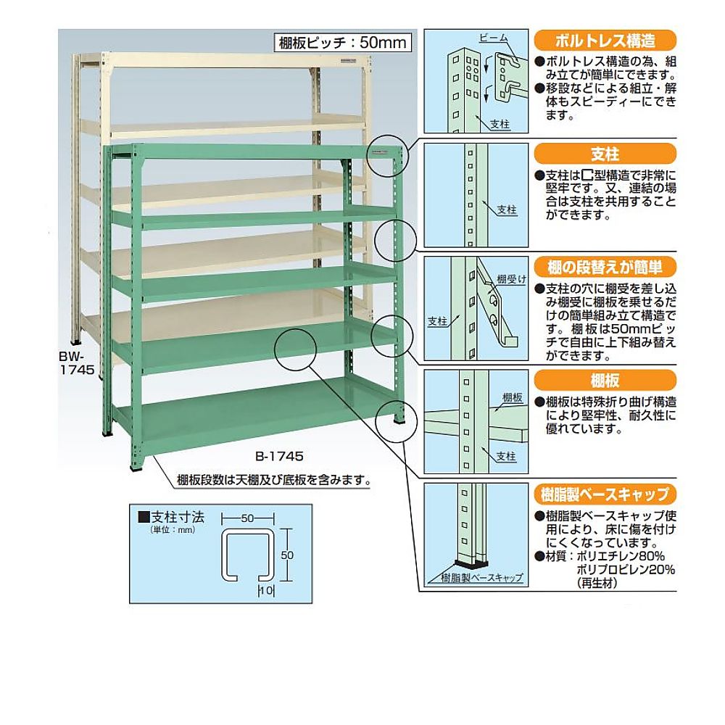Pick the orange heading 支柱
point(605,154)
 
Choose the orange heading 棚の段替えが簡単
point(605,266)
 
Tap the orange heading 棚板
point(605,380)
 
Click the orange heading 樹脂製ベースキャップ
point(605,495)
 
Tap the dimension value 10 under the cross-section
point(265,591)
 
